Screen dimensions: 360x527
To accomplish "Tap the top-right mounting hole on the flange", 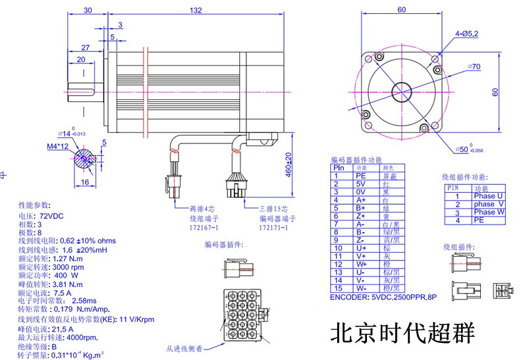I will point(435,60).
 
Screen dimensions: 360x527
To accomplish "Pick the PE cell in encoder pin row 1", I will point(361,176).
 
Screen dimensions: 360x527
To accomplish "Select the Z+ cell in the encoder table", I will point(361,216).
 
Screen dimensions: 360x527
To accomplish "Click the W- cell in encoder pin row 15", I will point(361,288).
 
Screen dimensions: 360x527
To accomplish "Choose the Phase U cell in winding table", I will point(488,196).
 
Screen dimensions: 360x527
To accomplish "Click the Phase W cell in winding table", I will point(488,212).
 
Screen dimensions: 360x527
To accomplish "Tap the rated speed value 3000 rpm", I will point(68,267).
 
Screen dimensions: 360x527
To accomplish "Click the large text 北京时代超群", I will point(402,332).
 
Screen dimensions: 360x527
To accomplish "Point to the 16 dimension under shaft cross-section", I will point(85,182).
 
